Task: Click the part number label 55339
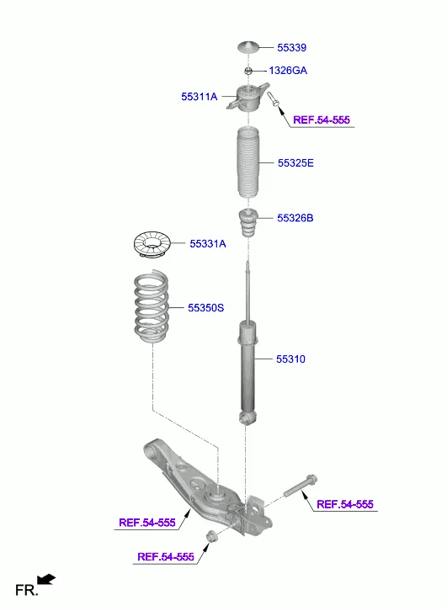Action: point(285,49)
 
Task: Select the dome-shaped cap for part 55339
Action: point(249,47)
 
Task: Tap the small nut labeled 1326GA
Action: point(249,71)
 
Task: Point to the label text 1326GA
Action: point(288,71)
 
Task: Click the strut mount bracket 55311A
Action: point(249,100)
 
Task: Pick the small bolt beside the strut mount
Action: point(275,100)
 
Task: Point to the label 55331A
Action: point(208,244)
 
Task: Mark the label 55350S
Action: point(205,308)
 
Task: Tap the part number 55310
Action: point(290,359)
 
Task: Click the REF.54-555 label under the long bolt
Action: point(344,504)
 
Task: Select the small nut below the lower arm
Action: point(211,538)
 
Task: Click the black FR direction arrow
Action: point(47,579)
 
